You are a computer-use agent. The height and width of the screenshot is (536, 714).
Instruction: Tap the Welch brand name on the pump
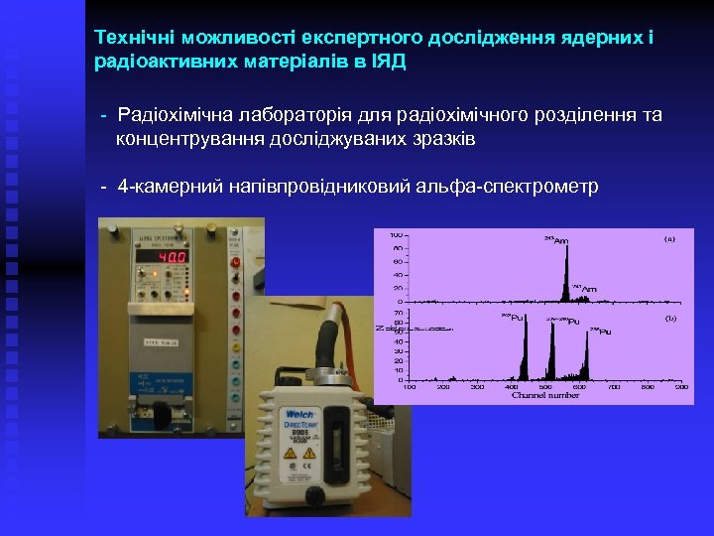299,414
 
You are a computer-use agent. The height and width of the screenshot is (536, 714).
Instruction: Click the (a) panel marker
669,239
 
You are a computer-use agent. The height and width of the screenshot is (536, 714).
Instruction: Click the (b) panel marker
669,318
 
